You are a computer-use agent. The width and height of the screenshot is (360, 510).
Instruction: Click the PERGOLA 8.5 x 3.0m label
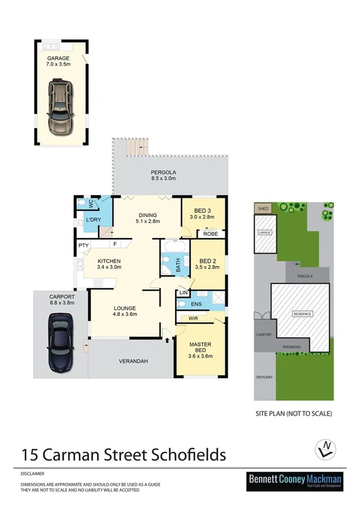point(163,175)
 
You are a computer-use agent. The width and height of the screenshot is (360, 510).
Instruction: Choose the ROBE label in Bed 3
point(210,234)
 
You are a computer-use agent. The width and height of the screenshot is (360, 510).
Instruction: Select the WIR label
point(194,318)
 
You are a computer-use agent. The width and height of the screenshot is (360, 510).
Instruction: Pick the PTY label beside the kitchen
point(83,245)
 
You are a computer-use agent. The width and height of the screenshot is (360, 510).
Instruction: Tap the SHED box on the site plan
point(262,209)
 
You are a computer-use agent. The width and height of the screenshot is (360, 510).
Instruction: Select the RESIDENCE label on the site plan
point(302,314)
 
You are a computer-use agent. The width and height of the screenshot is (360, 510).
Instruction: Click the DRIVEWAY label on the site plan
point(264,377)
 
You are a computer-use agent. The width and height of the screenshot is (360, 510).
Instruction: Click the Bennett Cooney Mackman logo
point(295,482)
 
